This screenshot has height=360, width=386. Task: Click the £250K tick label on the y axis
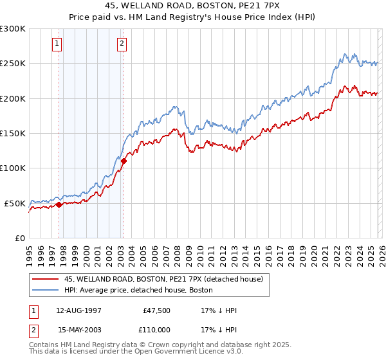pos(13,64)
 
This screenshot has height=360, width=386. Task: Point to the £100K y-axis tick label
pos(13,168)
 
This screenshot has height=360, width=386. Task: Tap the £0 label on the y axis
pos(19,238)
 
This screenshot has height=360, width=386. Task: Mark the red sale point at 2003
pos(124,161)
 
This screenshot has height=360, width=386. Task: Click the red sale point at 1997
pos(59,205)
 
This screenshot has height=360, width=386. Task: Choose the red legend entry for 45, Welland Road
pos(163,280)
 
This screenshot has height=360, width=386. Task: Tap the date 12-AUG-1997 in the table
pos(78,310)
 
